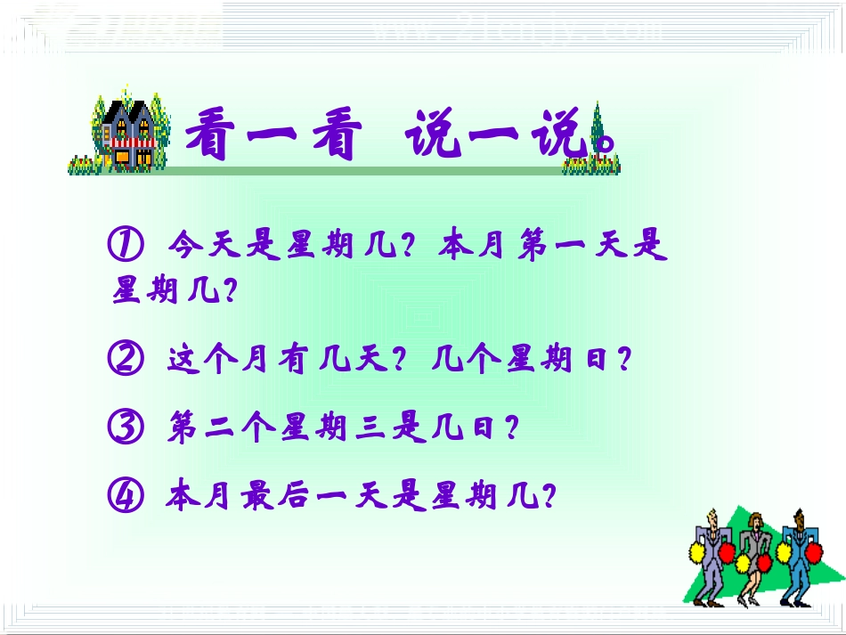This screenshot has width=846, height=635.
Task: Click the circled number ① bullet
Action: pos(126,245)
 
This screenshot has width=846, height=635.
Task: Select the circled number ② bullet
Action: pos(126,360)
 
